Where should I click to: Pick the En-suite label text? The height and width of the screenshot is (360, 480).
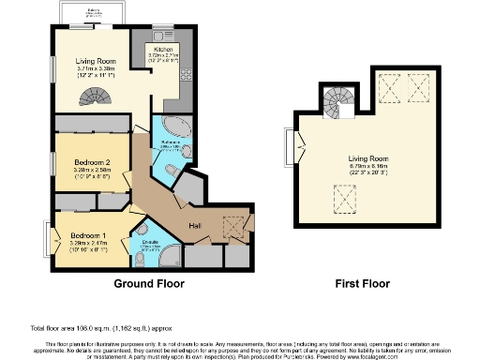149,242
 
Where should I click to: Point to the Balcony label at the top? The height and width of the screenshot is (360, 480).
94,10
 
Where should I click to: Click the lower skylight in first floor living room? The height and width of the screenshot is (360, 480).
344,198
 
